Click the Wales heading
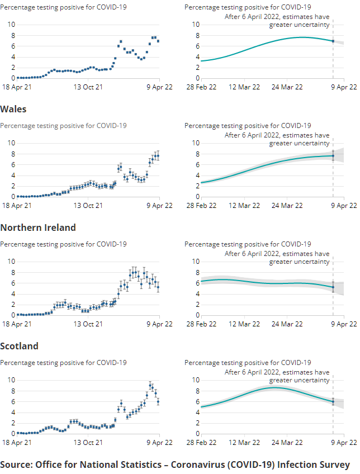coord(13,109)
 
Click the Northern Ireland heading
coord(38,227)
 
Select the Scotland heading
coord(20,346)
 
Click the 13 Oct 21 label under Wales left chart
coord(88,205)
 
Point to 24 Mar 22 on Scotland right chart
coord(287,442)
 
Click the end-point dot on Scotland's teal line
coord(333,401)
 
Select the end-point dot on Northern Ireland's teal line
coord(333,287)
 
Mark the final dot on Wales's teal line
coord(333,156)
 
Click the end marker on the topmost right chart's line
coord(333,41)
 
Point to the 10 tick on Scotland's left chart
coord(10,380)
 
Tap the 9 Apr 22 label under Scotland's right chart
coord(345,442)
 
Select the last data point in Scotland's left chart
coord(158,401)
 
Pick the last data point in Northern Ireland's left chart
coord(158,287)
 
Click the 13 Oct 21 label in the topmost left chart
coord(88,87)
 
